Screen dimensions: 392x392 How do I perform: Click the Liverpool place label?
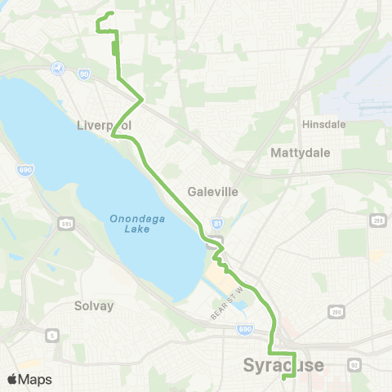point(104,125)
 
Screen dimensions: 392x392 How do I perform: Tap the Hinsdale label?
point(324,124)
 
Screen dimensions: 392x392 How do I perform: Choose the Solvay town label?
point(95,305)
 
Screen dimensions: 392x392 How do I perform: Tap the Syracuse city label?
point(283,364)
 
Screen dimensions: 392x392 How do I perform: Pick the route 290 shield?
point(336,311)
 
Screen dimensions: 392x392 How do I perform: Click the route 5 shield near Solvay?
point(52,335)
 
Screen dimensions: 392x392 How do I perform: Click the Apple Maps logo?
point(30,379)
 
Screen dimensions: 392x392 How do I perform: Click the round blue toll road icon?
point(58,69)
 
